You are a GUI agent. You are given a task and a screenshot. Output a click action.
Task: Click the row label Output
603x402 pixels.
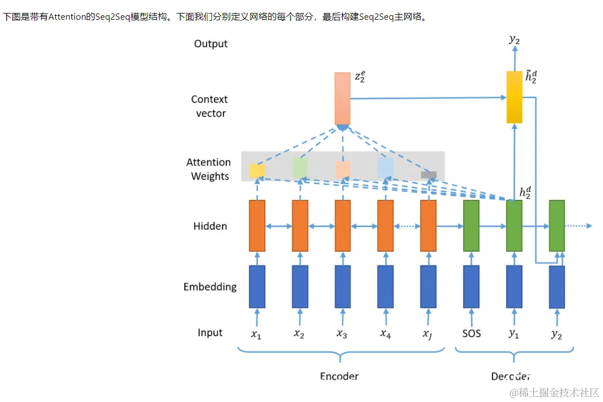point(211,44)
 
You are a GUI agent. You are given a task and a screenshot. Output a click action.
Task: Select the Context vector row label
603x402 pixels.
point(209,106)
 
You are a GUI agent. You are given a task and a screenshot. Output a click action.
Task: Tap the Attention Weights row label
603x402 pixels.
point(209,169)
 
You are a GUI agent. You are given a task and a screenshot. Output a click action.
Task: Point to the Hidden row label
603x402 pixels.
point(210,226)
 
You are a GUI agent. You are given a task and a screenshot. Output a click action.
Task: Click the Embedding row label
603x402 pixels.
point(210,287)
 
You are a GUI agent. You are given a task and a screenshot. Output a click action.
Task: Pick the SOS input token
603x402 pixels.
point(471,333)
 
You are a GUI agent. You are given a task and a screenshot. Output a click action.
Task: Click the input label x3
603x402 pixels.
point(342,334)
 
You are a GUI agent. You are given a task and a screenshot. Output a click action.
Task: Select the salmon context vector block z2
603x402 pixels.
point(342,98)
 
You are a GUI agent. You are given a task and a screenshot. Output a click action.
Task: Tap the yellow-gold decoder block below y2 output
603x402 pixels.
point(514,97)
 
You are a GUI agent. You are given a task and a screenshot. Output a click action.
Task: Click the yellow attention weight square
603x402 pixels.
point(257,171)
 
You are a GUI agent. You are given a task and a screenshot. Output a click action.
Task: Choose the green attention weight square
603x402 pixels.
point(300,167)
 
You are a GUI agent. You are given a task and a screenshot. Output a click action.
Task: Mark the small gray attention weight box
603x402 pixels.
point(428,175)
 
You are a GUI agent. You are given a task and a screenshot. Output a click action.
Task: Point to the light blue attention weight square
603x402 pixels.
point(385,168)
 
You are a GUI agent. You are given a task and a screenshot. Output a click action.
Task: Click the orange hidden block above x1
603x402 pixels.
point(257,226)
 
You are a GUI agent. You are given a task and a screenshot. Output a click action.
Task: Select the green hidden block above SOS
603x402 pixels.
point(471,226)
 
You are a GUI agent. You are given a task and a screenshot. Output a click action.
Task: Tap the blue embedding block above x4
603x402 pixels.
point(385,287)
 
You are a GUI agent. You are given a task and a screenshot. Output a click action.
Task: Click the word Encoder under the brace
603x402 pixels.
point(339,376)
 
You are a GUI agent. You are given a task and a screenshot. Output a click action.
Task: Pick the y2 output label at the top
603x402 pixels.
point(514,39)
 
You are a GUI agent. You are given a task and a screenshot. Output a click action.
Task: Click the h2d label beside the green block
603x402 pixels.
point(525,193)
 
